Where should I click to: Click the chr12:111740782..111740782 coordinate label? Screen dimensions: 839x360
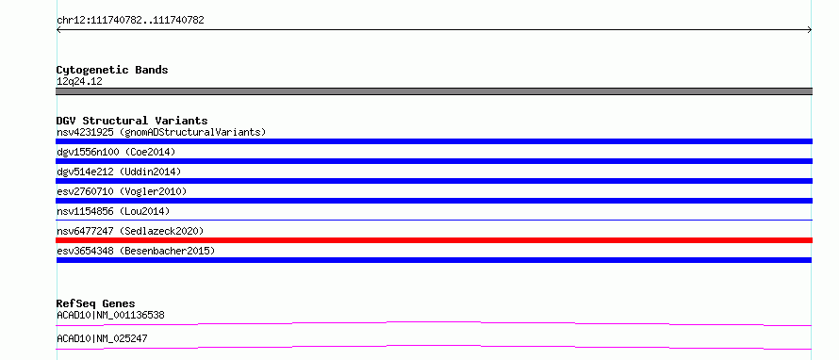130,21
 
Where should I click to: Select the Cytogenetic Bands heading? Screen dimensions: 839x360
112,70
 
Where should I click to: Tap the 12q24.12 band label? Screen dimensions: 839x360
79,82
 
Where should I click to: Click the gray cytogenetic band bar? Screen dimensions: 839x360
434,91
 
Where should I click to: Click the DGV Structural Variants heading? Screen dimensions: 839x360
132,121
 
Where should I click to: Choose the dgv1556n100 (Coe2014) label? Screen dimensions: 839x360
116,152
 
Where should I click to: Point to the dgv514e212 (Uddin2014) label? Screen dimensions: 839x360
119,172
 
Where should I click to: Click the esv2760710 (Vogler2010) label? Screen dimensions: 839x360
122,191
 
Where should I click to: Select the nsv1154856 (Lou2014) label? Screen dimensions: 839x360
113,211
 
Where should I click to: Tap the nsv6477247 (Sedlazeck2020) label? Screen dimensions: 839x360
130,231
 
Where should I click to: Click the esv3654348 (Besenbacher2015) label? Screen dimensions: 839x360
136,251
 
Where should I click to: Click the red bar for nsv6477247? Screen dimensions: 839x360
434,240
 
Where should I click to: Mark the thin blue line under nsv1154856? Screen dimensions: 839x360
434,220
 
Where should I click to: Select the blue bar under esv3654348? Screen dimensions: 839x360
434,260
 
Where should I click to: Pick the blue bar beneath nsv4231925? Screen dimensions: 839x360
434,141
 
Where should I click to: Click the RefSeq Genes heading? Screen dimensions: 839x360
96,303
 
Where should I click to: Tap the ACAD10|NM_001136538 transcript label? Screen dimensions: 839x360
110,315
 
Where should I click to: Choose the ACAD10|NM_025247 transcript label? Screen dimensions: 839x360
102,338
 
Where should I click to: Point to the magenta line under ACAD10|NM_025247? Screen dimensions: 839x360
434,347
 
